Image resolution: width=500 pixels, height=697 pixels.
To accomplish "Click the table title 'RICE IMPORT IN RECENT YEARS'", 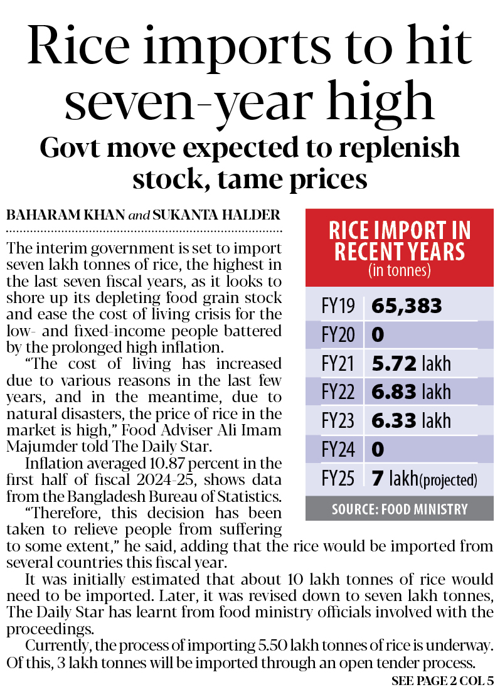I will [x=399, y=242].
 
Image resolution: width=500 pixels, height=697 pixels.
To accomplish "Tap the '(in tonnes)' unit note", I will [x=399, y=271].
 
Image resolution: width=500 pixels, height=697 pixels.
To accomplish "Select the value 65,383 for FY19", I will [x=407, y=306].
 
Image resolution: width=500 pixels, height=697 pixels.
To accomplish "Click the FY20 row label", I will [x=338, y=335].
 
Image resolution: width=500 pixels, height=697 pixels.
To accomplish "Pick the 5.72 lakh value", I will [x=411, y=364].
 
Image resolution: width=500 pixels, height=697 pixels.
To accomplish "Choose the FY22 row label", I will [x=338, y=393].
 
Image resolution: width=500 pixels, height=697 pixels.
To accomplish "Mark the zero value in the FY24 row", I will [x=378, y=450].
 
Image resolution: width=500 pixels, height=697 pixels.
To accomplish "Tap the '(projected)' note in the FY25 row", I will [x=449, y=481].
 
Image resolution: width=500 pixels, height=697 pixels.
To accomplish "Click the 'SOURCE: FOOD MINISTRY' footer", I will [x=399, y=509].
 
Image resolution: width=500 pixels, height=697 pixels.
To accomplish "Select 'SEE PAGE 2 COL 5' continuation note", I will [x=442, y=681].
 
